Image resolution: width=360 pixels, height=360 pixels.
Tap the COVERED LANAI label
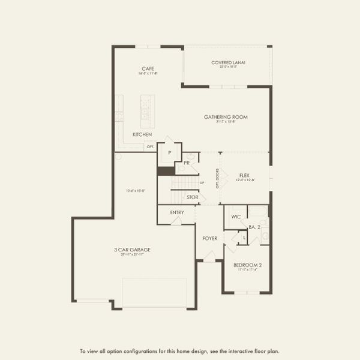[228, 62]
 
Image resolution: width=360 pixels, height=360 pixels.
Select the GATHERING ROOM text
[226, 117]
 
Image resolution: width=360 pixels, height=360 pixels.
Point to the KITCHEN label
[142, 134]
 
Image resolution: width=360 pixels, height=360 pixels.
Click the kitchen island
[147, 109]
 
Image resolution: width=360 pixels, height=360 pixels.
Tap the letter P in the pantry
[170, 153]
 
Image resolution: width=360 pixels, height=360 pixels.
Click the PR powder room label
[187, 163]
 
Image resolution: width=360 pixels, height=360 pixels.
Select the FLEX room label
[244, 175]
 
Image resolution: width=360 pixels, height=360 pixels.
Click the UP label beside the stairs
[202, 182]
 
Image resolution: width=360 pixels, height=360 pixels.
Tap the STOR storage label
[192, 197]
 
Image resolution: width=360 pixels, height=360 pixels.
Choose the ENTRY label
[177, 212]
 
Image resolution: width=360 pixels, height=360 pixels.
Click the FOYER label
[209, 238]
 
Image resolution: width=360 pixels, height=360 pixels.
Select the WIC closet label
[235, 216]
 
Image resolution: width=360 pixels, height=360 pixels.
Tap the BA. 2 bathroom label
[254, 227]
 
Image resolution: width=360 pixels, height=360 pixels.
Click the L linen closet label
[244, 238]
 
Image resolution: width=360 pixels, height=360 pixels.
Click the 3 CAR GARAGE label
[133, 250]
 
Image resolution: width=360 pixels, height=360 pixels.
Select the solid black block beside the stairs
[165, 171]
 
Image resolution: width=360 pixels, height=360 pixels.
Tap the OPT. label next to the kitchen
[151, 146]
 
